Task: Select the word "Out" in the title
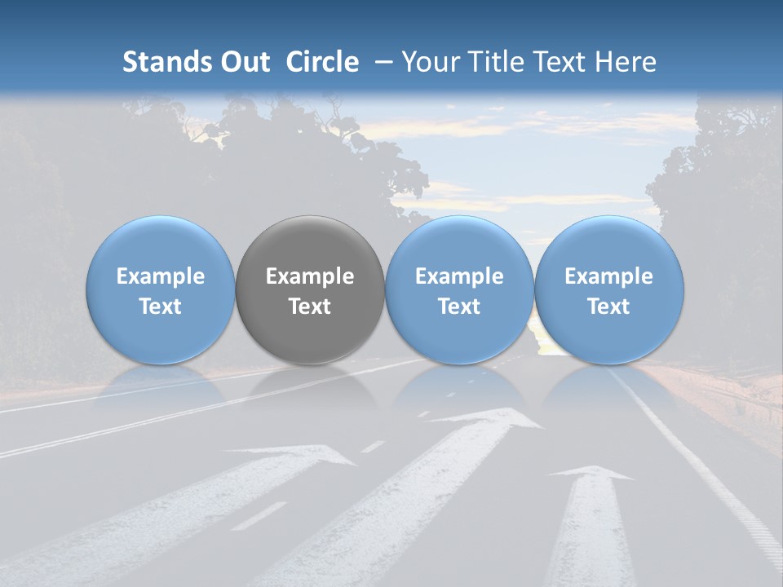[x=243, y=62]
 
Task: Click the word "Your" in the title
[x=429, y=62]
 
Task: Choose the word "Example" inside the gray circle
[x=310, y=276]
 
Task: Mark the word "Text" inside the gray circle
[x=310, y=307]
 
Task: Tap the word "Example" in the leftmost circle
[x=161, y=276]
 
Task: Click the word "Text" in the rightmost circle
[x=608, y=307]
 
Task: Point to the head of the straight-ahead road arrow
[x=601, y=474]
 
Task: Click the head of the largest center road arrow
[x=489, y=418]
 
